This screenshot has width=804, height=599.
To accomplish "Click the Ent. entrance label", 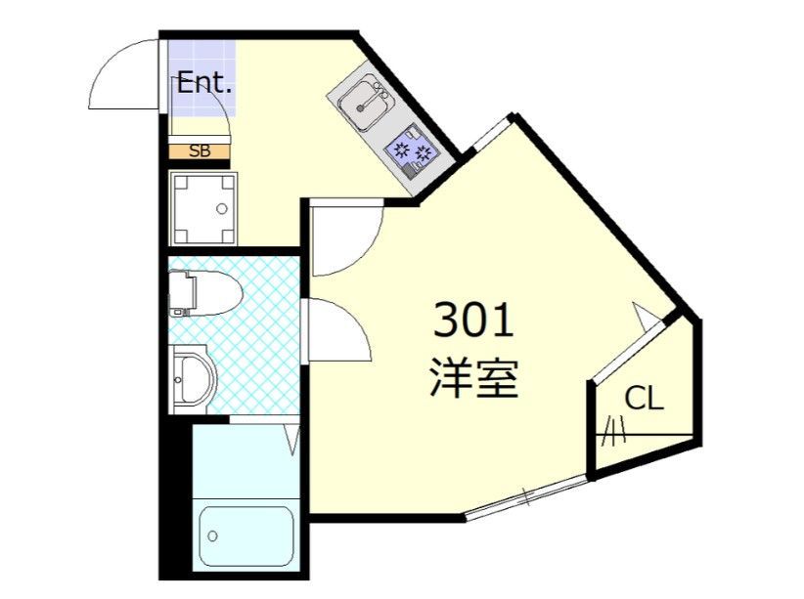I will (x=204, y=83).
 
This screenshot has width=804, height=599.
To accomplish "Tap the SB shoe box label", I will (x=200, y=150).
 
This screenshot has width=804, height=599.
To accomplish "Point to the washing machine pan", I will (x=203, y=209).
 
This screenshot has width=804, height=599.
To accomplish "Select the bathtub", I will (x=246, y=538).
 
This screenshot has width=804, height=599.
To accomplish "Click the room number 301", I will (x=472, y=321).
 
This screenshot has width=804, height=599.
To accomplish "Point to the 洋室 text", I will (x=473, y=376).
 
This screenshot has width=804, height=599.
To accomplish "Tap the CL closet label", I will (x=645, y=398).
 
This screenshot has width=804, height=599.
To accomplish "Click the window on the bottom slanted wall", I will (x=527, y=498).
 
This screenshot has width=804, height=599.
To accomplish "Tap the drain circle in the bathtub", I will (x=212, y=536).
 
